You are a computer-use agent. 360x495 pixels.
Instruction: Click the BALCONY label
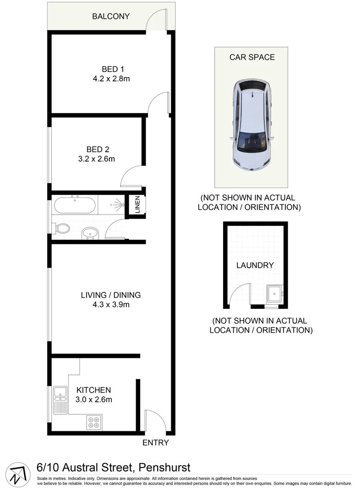(111, 16)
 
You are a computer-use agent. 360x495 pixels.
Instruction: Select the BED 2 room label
(98, 149)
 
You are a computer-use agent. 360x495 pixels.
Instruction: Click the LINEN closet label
(137, 205)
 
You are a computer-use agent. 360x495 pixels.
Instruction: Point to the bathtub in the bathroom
(75, 205)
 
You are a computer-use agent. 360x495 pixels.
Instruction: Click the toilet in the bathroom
(61, 228)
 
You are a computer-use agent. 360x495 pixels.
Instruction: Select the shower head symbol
(120, 205)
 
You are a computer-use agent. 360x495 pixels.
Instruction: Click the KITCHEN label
(93, 390)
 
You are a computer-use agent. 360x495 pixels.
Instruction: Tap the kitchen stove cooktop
(94, 422)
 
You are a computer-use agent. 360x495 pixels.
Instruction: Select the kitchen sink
(60, 392)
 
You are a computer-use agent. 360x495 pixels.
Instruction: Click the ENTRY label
(156, 443)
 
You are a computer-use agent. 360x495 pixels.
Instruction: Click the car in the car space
(251, 124)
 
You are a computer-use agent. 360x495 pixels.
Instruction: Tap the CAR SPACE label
(252, 57)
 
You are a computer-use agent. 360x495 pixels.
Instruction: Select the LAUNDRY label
(255, 265)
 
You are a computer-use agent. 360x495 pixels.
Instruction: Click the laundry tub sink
(275, 293)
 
